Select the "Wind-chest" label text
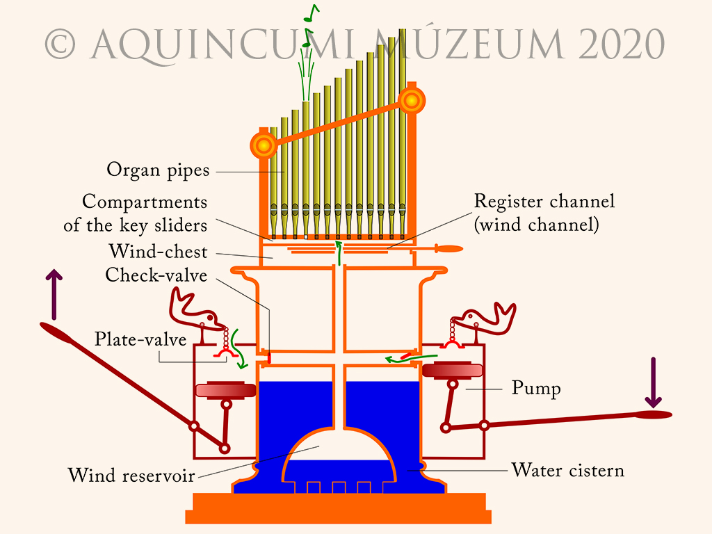coord(158,251)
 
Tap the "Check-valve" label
coord(156,275)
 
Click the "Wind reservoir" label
coord(131,476)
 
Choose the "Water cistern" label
coord(568,470)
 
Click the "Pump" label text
coord(536,388)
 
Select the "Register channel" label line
coord(544,202)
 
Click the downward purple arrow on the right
coord(653,383)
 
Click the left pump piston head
coord(227,391)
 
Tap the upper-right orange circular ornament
coord(412,102)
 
